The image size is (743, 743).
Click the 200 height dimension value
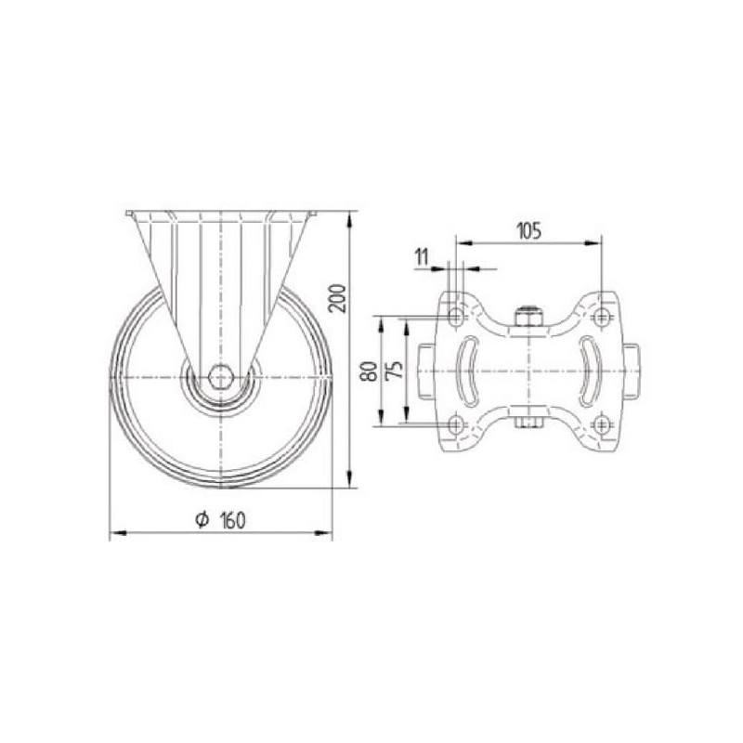coord(338,298)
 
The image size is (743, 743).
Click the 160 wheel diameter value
coord(233,521)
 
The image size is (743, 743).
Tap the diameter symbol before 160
coord(202,520)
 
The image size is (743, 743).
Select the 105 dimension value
coord(528,231)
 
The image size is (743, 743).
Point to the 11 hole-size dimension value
coord(422,257)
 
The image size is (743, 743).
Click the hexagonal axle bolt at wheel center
coord(220,377)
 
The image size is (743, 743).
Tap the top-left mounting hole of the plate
coord(456,316)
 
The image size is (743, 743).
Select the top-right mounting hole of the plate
coord(601,316)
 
